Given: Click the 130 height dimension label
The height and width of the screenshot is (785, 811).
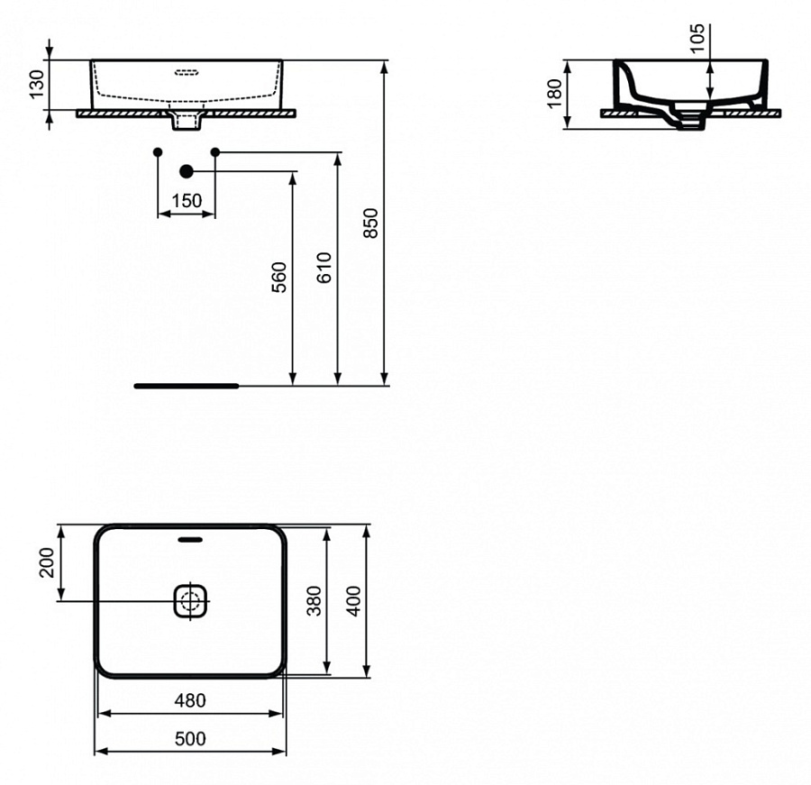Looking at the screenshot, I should (x=37, y=85).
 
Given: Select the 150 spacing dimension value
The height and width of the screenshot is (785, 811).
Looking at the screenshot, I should (x=187, y=201).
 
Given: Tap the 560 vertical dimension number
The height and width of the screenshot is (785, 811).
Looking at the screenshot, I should (x=279, y=277).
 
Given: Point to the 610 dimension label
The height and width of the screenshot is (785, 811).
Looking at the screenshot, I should (x=325, y=268).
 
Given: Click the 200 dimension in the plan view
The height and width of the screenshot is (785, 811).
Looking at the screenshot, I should (x=48, y=563).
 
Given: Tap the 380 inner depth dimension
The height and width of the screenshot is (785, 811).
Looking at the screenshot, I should (x=314, y=600).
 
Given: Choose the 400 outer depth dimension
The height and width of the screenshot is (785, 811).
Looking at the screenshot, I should (x=354, y=600).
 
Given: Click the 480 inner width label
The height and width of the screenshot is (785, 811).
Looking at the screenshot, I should (x=189, y=700).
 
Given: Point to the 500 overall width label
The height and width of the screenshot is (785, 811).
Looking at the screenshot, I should (x=189, y=739).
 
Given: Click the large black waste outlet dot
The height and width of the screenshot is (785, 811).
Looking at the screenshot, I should (x=187, y=171).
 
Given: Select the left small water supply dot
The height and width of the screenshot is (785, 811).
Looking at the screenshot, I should (x=158, y=151).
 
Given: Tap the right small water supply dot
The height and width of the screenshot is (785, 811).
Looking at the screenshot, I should (x=215, y=151).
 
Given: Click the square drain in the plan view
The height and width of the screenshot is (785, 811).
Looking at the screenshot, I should (x=190, y=600).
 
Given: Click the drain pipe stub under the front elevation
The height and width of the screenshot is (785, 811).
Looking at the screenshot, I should (x=187, y=121).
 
